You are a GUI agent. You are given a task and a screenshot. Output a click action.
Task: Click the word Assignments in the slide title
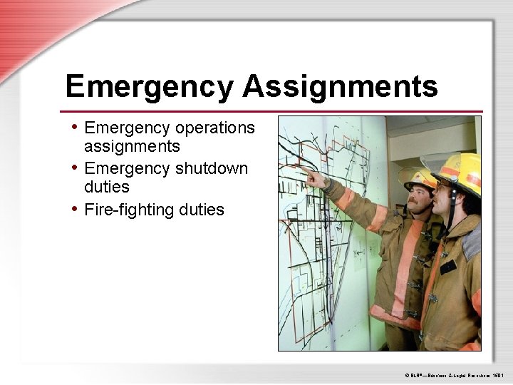pos(340,87)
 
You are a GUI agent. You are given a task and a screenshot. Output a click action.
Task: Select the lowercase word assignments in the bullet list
pos(132,147)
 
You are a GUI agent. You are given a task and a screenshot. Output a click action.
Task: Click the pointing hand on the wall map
pos(313,175)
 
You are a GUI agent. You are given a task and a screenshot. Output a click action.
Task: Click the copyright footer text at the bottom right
pos(454,373)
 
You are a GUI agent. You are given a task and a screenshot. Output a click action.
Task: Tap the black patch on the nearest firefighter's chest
pos(448,267)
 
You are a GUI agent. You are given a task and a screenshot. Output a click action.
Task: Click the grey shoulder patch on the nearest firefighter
pos(471,243)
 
